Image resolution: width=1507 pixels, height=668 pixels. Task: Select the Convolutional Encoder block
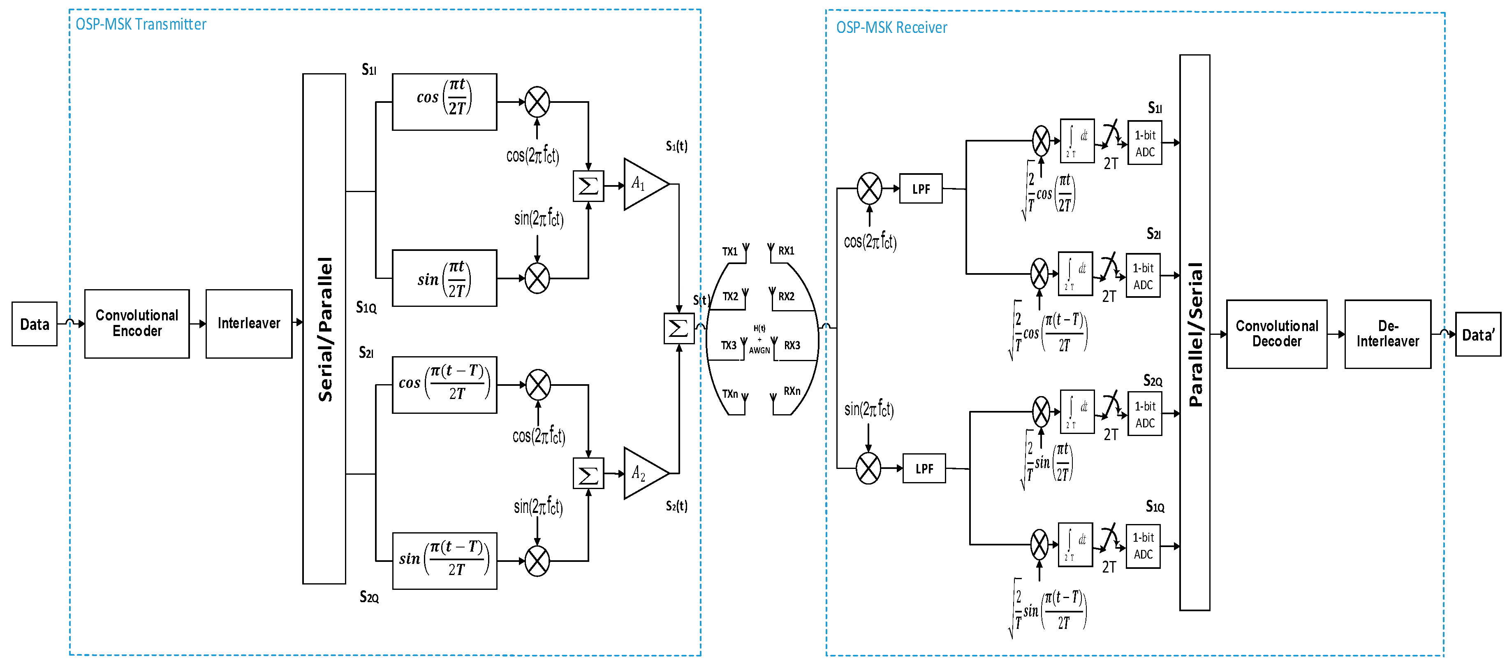click(137, 323)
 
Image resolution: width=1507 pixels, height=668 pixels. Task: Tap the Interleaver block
click(249, 323)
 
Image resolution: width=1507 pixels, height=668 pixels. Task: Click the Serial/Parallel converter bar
click(324, 328)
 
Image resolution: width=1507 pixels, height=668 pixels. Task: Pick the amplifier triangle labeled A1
click(642, 184)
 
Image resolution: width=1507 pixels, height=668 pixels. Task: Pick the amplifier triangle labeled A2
click(642, 473)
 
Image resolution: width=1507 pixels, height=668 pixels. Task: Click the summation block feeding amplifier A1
click(588, 186)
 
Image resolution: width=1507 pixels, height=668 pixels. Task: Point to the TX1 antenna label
click(729, 252)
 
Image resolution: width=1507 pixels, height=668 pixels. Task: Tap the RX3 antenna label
click(792, 346)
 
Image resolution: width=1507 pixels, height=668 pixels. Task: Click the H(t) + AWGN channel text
click(759, 340)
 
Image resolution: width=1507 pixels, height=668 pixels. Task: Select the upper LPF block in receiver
click(921, 188)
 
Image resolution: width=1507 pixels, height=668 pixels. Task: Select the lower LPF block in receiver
click(924, 469)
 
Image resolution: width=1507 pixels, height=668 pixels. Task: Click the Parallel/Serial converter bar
click(1194, 332)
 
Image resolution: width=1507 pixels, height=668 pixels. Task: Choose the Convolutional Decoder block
click(1276, 334)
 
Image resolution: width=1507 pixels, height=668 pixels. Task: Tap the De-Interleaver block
click(1388, 334)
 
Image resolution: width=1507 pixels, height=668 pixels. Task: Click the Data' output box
click(1478, 334)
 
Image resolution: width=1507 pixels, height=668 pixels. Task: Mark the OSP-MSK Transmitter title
click(141, 24)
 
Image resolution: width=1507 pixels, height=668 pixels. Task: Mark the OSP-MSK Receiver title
click(891, 28)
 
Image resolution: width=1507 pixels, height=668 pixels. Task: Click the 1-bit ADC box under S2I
click(1143, 276)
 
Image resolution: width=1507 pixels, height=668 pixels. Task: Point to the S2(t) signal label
click(676, 506)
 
